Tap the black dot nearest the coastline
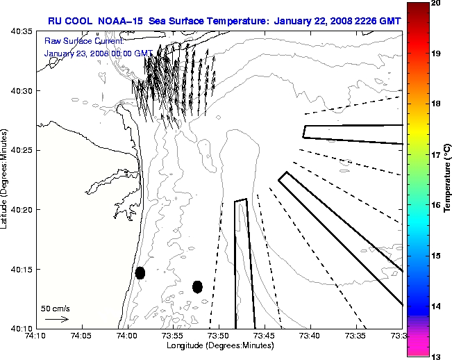(140, 272)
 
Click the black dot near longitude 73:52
(197, 286)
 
